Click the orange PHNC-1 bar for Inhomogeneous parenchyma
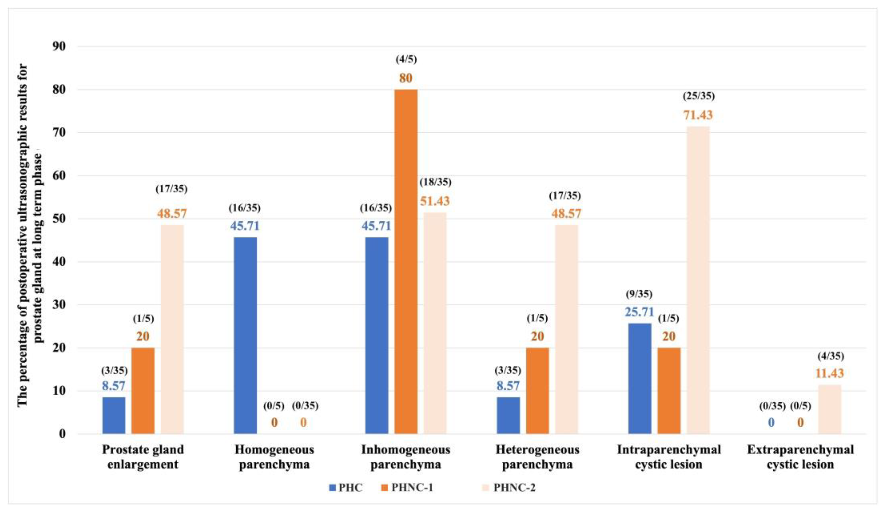pyautogui.click(x=406, y=261)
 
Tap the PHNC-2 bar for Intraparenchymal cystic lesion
pyautogui.click(x=698, y=280)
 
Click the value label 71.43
pyautogui.click(x=698, y=115)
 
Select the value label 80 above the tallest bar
pyautogui.click(x=406, y=78)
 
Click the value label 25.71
pyautogui.click(x=639, y=312)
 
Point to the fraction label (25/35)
pyautogui.click(x=699, y=96)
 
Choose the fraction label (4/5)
pyautogui.click(x=406, y=59)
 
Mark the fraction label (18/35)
pyautogui.click(x=435, y=182)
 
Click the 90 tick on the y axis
pyautogui.click(x=59, y=46)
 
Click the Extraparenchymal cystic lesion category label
pyautogui.click(x=800, y=457)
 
